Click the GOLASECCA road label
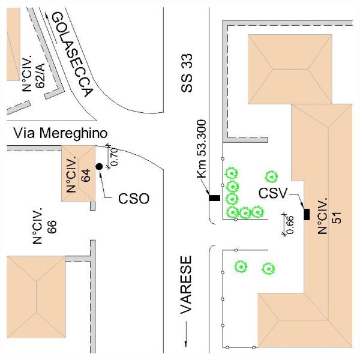pyautogui.click(x=72, y=55)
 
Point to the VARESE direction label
pyautogui.click(x=187, y=286)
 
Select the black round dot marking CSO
pyautogui.click(x=98, y=166)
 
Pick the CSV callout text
pyautogui.click(x=274, y=193)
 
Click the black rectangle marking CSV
pyautogui.click(x=307, y=214)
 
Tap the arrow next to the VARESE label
pyautogui.click(x=187, y=333)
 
